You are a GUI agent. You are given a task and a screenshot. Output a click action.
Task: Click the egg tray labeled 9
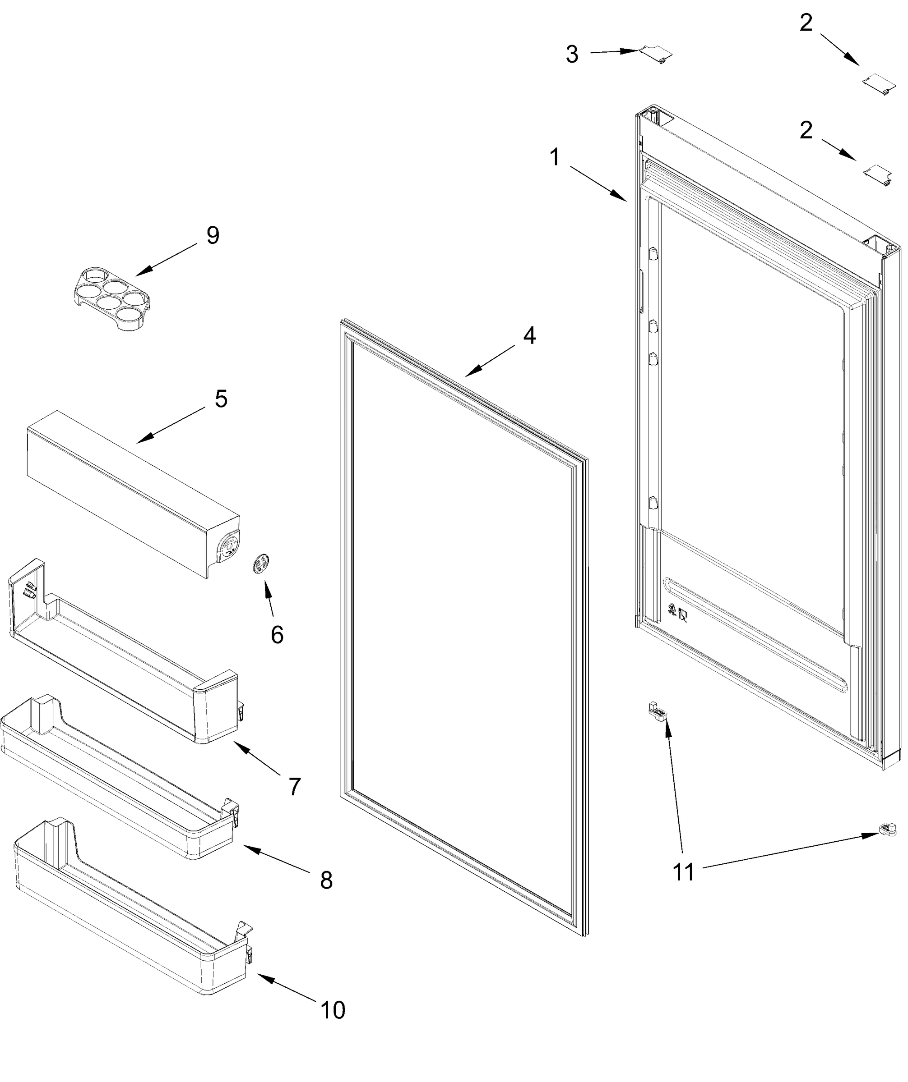(112, 299)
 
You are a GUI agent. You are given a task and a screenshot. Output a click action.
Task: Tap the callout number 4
(529, 335)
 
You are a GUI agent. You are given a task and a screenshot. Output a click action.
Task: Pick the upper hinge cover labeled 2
(878, 83)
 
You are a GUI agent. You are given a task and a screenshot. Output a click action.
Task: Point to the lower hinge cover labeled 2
(878, 174)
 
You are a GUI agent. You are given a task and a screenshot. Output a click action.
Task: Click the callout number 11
(684, 872)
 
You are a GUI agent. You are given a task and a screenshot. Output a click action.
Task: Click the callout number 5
(221, 399)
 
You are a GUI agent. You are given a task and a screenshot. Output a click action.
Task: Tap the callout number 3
(572, 54)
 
